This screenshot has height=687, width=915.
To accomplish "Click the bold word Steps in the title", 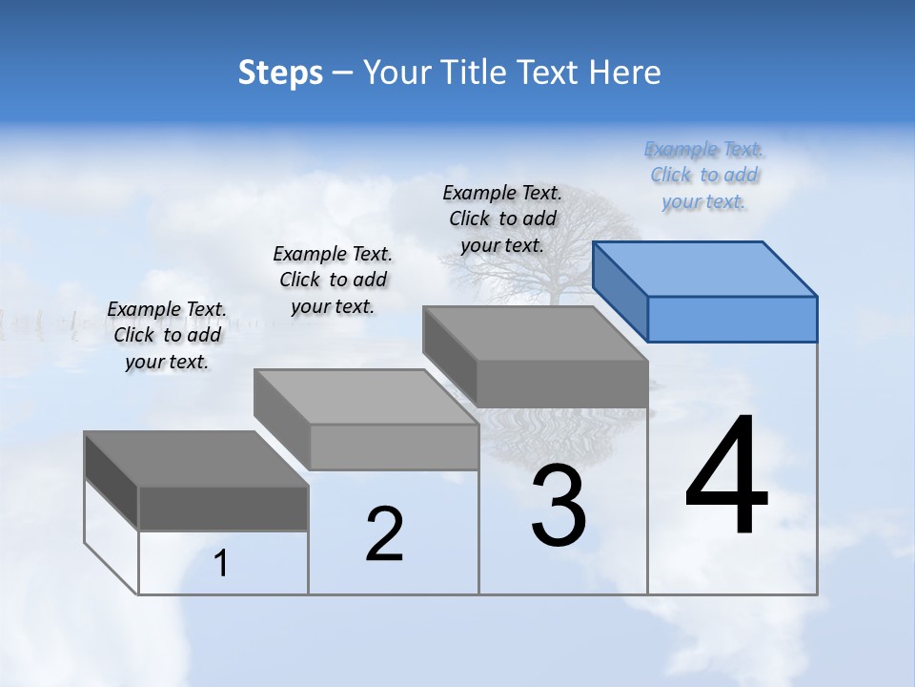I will pyautogui.click(x=280, y=73).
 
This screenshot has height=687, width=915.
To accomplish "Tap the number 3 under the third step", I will pyautogui.click(x=559, y=506).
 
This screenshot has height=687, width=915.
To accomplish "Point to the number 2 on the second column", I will pyautogui.click(x=384, y=534).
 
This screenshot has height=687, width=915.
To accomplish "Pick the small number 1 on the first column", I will pyautogui.click(x=221, y=564).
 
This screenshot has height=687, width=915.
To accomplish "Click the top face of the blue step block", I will pyautogui.click(x=705, y=268).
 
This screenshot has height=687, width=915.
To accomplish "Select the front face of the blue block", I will pyautogui.click(x=732, y=319).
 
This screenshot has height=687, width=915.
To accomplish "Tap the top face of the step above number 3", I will pyautogui.click(x=534, y=333).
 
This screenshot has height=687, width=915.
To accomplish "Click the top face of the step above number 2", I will pyautogui.click(x=366, y=396).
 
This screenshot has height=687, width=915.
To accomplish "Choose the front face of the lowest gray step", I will pyautogui.click(x=223, y=508).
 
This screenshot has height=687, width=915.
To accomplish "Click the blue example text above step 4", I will pyautogui.click(x=703, y=176).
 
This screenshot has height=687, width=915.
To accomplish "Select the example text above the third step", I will pyautogui.click(x=502, y=219).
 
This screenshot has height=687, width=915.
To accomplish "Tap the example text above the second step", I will pyautogui.click(x=333, y=280).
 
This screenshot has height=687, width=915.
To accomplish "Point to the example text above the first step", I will pyautogui.click(x=167, y=335).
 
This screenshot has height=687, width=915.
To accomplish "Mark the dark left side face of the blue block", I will pyautogui.click(x=620, y=291).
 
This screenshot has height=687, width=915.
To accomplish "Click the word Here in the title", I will pyautogui.click(x=627, y=73).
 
